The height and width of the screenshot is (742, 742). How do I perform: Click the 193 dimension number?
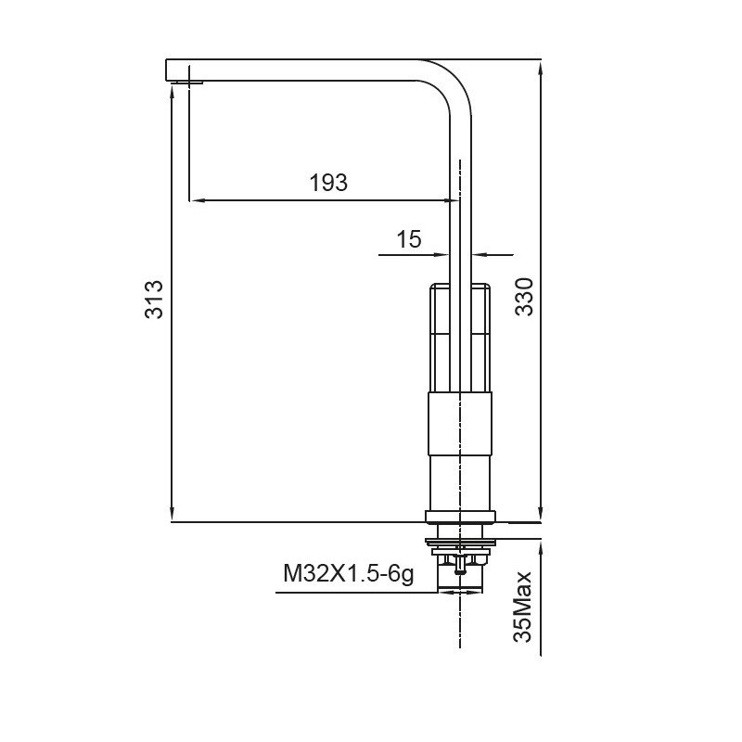coord(328,183)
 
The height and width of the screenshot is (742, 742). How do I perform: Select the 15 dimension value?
coord(409,239)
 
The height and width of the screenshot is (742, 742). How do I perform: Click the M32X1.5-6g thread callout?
coord(348,575)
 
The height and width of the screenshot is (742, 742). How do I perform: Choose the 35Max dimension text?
coord(525,608)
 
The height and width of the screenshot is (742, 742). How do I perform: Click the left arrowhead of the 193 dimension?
coord(195,199)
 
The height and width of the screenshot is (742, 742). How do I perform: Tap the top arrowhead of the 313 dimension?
coord(172,94)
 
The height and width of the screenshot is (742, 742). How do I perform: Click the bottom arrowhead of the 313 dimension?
coord(172,516)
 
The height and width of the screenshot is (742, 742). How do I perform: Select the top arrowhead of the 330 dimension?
coord(542,67)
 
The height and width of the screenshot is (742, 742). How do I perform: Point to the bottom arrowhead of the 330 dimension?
coord(542,516)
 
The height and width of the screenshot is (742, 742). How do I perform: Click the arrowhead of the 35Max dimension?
coord(542,547)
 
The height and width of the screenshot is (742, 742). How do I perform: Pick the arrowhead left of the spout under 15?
coord(443,253)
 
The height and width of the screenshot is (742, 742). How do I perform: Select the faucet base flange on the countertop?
coord(460,517)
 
